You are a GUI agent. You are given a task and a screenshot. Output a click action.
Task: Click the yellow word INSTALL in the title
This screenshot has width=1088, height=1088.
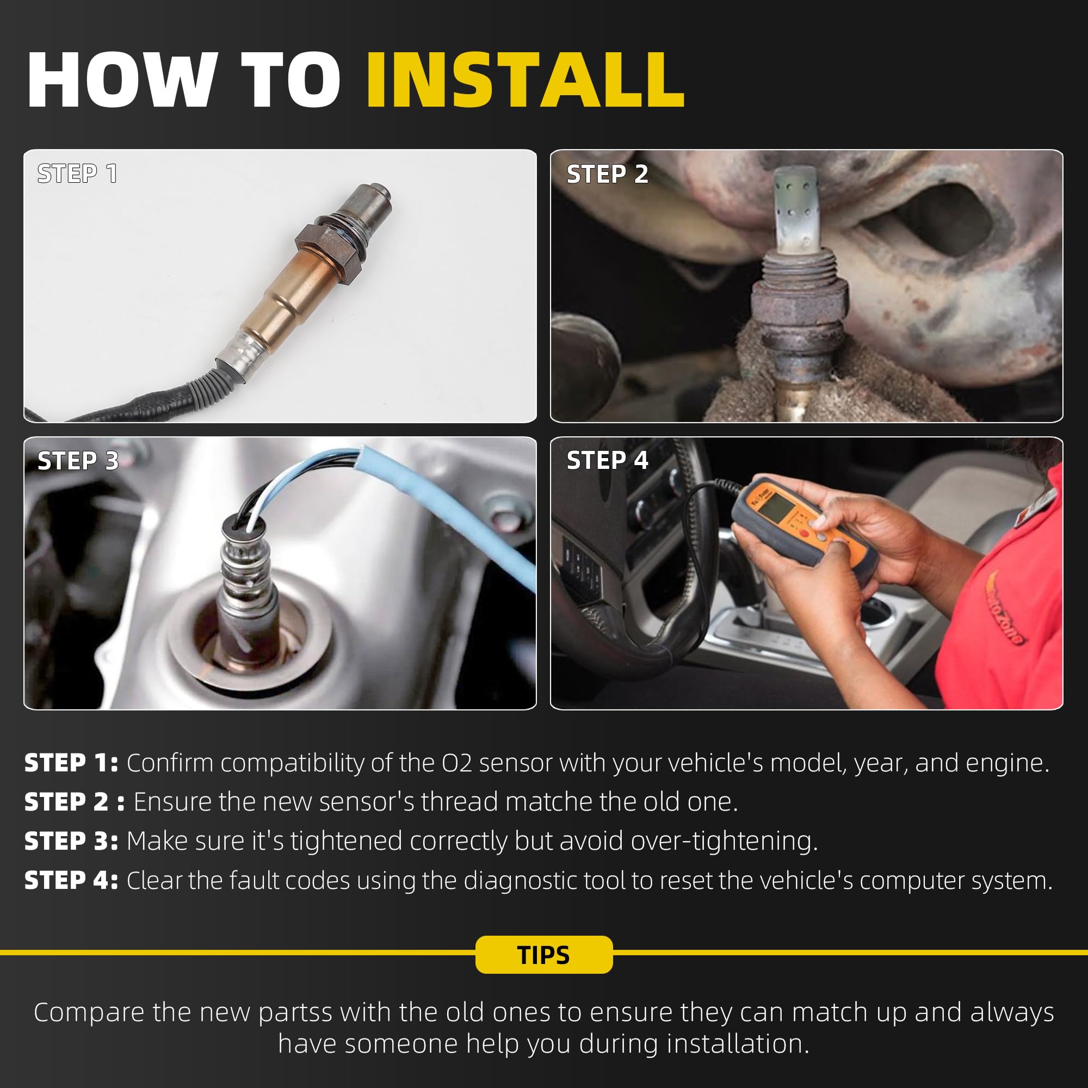(526, 79)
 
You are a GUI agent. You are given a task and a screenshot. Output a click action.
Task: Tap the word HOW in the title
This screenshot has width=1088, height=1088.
(119, 79)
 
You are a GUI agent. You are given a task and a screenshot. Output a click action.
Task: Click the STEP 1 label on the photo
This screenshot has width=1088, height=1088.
(77, 174)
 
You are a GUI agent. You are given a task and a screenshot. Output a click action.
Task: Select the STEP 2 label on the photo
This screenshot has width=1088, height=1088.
(607, 174)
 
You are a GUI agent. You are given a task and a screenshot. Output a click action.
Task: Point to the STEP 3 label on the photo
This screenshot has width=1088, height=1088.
(78, 461)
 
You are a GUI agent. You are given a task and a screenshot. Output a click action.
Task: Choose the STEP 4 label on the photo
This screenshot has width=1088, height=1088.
(607, 460)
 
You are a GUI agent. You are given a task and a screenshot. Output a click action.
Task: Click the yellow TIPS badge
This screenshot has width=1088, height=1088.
(544, 955)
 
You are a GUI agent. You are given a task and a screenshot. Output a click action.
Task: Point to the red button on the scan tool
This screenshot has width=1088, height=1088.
(803, 534)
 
